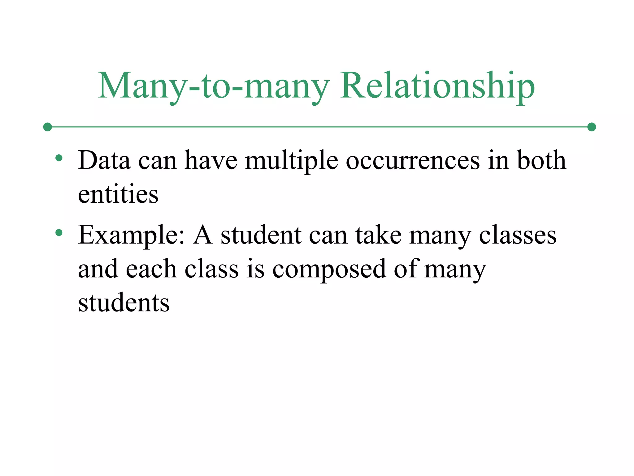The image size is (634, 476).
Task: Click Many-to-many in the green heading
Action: click(x=213, y=86)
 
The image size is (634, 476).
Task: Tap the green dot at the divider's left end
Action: click(x=47, y=127)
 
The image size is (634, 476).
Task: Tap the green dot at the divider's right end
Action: click(x=592, y=127)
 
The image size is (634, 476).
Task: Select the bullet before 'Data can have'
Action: click(x=59, y=158)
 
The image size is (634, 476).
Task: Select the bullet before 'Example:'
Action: click(x=59, y=232)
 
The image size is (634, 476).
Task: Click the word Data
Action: click(x=104, y=160)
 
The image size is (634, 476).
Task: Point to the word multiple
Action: click(x=291, y=161)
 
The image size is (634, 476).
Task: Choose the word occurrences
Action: click(x=413, y=161)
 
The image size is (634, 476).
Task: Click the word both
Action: click(x=541, y=160)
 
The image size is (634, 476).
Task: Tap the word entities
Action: click(x=118, y=194)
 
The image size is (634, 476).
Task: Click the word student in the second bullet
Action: click(x=261, y=235)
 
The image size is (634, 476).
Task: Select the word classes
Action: click(x=518, y=235)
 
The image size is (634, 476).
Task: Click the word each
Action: click(x=151, y=269)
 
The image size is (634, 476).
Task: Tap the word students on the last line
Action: click(x=124, y=302)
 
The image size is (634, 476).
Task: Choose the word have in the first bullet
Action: click(x=211, y=160)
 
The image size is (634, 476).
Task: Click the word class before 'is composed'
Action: click(x=211, y=269)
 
